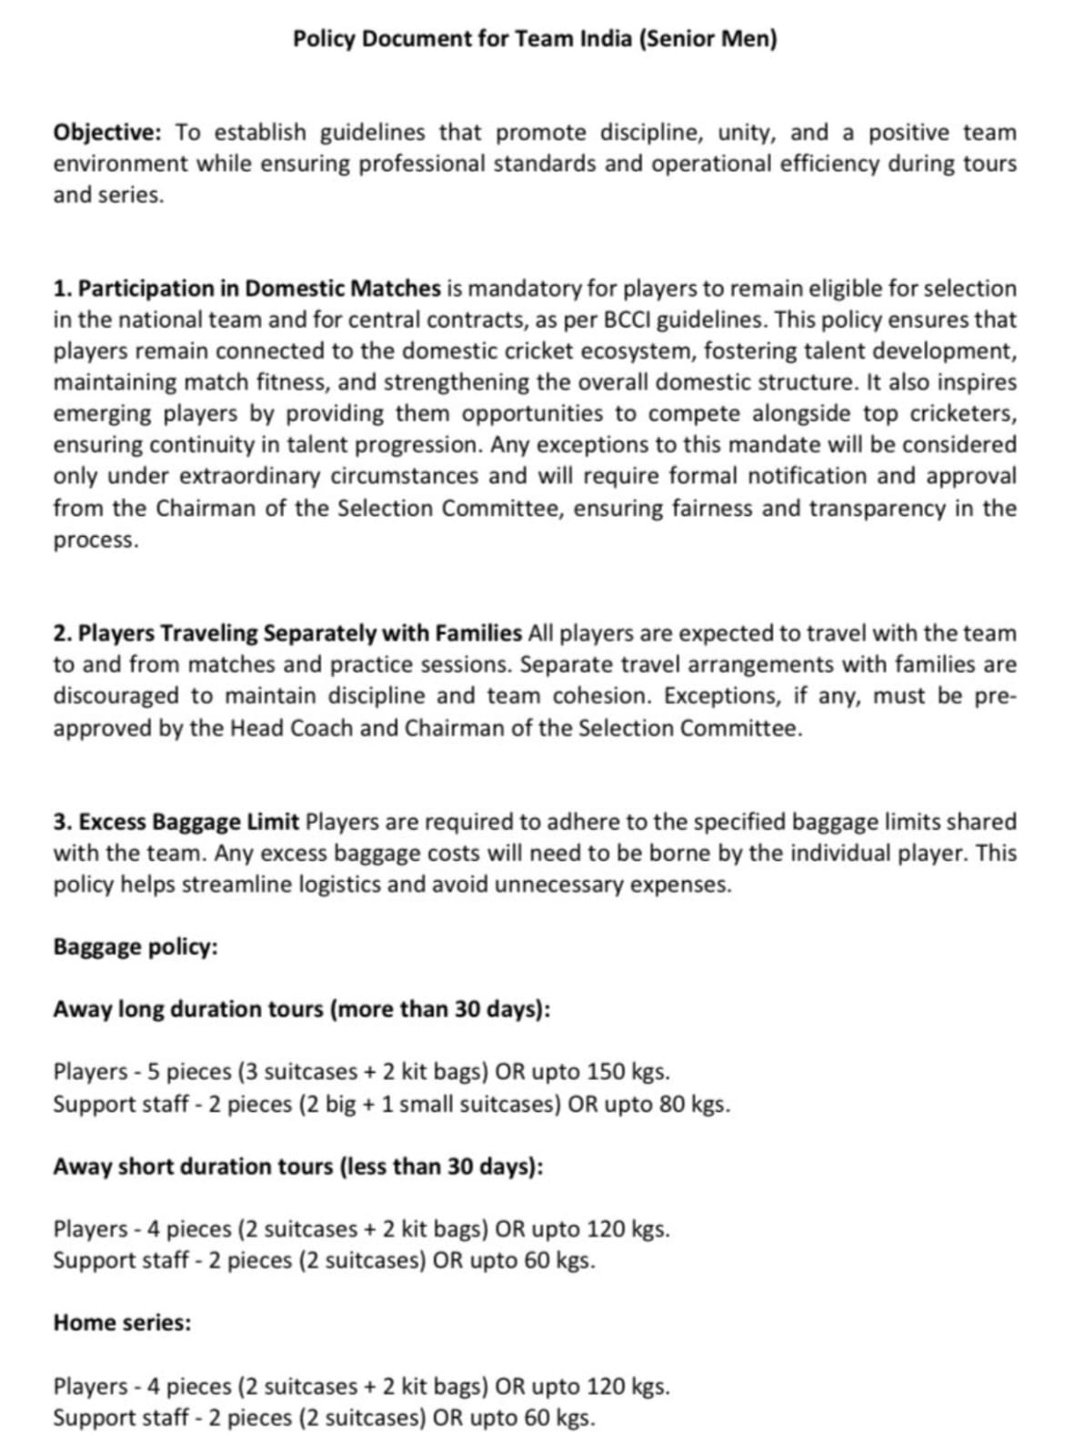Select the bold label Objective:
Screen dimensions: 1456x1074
tap(107, 133)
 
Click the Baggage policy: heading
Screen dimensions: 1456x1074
tap(136, 947)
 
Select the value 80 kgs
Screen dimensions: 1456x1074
tap(698, 1104)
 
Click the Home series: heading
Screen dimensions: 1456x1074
tap(123, 1323)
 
